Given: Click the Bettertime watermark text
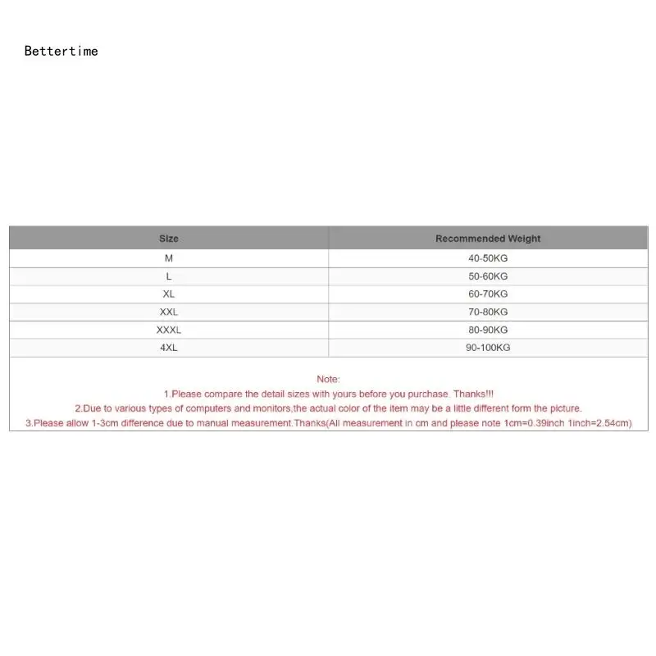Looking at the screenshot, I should [x=61, y=51].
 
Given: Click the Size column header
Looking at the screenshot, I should [x=168, y=239].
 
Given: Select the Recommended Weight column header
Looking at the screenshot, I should [x=488, y=239].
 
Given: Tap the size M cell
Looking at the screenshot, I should [x=168, y=258].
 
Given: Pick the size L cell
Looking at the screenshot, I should [x=168, y=276].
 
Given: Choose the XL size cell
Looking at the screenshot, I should [x=168, y=294].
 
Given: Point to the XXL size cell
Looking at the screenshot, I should [x=168, y=312].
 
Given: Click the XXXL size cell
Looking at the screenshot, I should [x=168, y=330].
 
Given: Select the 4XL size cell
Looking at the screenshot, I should [x=168, y=348].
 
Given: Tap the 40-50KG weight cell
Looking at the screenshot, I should [x=488, y=258].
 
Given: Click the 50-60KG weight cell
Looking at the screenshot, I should [x=488, y=276].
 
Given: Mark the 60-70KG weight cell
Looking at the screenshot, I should [x=488, y=294].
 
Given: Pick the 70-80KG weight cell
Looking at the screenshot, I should [x=488, y=312].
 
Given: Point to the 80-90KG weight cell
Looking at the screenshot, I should [x=488, y=330].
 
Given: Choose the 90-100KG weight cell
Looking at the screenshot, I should [x=488, y=348].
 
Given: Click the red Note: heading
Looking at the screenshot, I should [x=328, y=379].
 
